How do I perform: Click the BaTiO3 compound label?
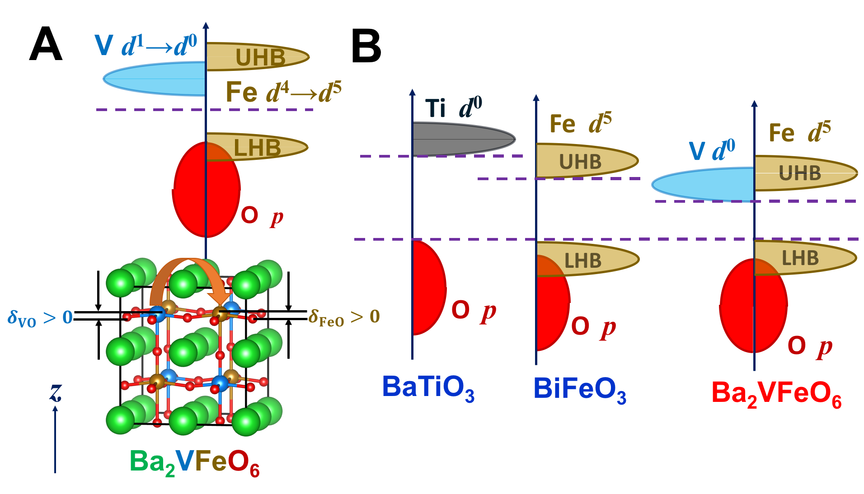427,387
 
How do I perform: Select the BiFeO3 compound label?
579,389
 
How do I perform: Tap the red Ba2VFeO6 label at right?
776,393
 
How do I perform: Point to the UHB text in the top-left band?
260,57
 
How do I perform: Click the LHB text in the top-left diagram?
257,148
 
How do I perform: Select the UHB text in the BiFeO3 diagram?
580,162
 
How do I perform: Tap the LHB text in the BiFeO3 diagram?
583,261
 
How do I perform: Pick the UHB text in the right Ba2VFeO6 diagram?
799,173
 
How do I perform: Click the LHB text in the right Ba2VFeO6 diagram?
800,258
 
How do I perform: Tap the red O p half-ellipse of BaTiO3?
428,288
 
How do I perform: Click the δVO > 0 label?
40,318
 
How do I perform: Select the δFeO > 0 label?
343,317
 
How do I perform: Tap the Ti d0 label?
453,108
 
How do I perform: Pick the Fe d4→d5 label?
283,92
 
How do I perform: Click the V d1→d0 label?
146,46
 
